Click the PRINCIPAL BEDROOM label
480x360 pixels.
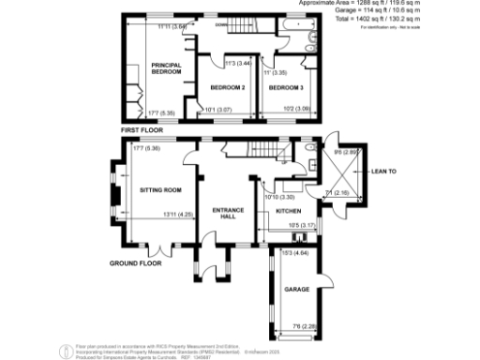[x=166, y=67]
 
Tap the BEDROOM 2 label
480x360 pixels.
[x=227, y=87]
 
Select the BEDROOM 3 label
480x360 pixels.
[x=283, y=87]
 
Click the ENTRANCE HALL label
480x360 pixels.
[x=228, y=213]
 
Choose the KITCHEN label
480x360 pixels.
[x=289, y=212]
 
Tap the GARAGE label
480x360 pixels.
[x=297, y=291]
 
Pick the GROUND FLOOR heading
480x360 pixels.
[x=135, y=263]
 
